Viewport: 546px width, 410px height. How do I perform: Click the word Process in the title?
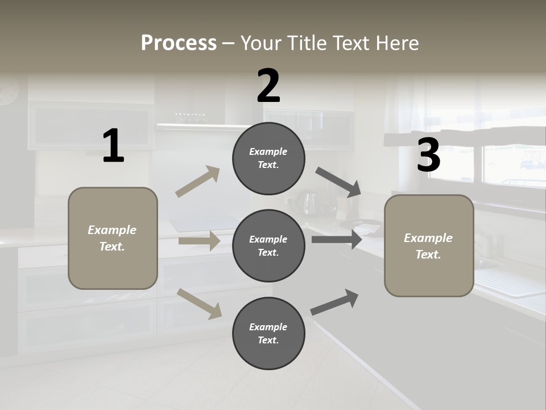179,43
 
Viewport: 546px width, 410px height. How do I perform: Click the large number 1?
113,146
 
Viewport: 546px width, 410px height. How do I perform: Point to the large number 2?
268,86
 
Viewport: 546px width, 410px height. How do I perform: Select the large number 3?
428,155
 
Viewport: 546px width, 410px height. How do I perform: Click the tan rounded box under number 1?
113,238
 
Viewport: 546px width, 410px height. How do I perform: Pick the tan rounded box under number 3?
429,246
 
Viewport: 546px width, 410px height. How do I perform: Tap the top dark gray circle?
268,158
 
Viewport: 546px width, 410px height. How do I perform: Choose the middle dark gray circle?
268,245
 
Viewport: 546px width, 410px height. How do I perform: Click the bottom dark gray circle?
268,333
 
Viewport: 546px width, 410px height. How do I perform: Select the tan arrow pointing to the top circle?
198,182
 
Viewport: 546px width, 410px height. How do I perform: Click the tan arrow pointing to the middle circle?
199,241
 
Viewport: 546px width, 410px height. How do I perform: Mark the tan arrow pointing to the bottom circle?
200,303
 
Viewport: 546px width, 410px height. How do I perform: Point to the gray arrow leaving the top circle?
338,182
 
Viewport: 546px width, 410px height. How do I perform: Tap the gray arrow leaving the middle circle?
337,239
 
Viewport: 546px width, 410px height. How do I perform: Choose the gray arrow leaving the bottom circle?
334,302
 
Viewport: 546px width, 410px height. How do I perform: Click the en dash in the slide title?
229,43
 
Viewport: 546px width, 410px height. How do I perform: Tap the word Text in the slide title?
349,43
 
